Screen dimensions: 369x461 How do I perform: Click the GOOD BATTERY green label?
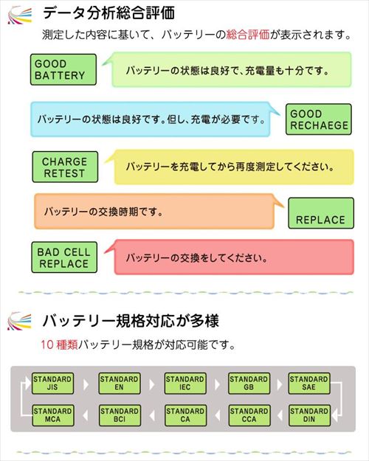(x=63, y=69)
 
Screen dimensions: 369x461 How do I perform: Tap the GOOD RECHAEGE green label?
(x=319, y=119)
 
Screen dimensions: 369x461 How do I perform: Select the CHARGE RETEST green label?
(x=65, y=167)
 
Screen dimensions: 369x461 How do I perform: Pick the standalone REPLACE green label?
(x=321, y=213)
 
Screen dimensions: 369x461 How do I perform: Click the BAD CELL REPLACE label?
(x=64, y=257)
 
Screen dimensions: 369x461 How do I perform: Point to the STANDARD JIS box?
(x=52, y=384)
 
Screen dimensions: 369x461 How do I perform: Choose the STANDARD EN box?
(x=119, y=384)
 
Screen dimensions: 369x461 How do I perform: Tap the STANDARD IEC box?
(x=185, y=384)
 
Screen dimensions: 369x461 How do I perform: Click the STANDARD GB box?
(x=249, y=384)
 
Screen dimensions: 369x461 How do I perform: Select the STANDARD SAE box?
(x=309, y=384)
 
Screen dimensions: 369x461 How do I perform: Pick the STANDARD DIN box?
(x=309, y=415)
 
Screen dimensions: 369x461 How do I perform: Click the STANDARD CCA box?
(x=249, y=415)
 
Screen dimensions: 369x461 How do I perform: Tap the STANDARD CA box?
(x=185, y=415)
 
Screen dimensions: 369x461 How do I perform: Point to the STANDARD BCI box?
(x=120, y=415)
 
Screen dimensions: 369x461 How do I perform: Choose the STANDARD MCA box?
(x=53, y=415)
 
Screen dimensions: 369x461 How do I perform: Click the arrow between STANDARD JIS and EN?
(x=86, y=384)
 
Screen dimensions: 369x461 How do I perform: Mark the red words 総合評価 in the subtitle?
(x=248, y=35)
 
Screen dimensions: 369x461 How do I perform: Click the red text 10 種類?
(x=59, y=344)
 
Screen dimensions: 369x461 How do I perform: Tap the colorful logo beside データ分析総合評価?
(x=19, y=15)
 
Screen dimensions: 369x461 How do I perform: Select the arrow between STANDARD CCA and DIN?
(x=280, y=416)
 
